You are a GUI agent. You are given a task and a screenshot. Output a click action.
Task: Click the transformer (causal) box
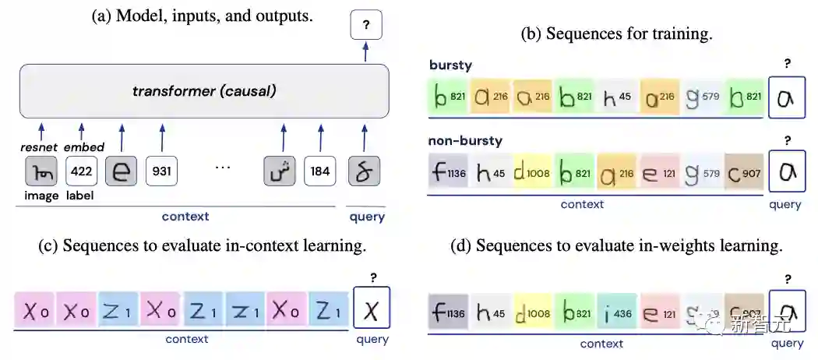204,91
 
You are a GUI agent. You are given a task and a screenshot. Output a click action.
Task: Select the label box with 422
81,171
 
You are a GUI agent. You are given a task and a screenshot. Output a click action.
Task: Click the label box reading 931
162,171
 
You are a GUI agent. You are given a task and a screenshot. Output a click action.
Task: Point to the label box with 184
320,171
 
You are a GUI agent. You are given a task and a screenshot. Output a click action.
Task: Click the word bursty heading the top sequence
451,65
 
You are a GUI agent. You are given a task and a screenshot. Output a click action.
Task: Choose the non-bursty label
465,141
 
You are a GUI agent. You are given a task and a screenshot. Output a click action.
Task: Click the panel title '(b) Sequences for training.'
616,34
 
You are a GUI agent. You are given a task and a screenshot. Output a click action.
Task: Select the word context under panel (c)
187,339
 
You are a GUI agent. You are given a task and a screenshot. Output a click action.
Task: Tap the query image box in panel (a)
364,171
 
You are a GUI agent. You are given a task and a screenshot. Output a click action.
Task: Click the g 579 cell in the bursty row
703,97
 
